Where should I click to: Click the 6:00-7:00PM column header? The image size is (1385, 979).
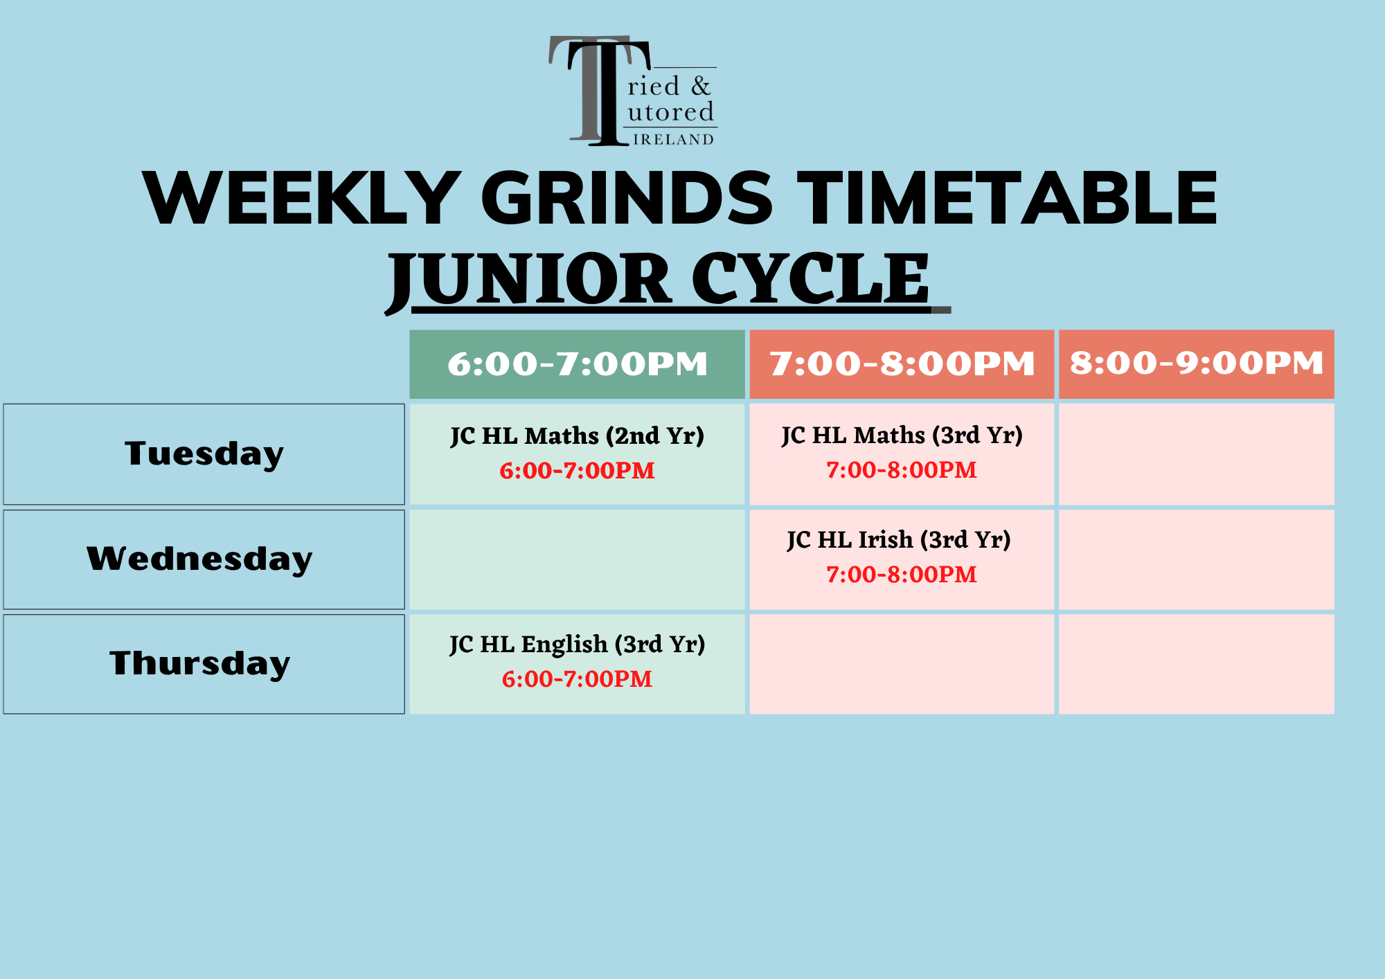pos(577,364)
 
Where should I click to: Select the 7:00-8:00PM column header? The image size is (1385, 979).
pos(902,364)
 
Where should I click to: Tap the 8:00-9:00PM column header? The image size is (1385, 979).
pos(1196,363)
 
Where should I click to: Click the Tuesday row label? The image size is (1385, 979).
pos(204,454)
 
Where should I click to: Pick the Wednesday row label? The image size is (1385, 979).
pos(199,559)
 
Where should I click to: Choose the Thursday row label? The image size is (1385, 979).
pos(199,663)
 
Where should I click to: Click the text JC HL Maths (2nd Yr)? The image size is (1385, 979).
pos(577,435)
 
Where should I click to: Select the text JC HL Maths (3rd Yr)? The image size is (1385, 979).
pos(902,435)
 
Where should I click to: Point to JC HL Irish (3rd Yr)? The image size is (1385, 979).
pos(898,539)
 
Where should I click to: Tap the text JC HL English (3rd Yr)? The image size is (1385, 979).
pos(577,644)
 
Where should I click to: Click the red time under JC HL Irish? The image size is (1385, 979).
pos(901,575)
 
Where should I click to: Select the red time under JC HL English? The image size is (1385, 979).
pos(577,679)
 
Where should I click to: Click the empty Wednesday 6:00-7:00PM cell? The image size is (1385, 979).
pos(577,559)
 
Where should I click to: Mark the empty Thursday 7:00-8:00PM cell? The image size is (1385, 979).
pos(901,664)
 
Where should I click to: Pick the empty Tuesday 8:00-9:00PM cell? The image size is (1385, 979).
pos(1196,454)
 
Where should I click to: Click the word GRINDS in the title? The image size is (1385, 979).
pos(626,199)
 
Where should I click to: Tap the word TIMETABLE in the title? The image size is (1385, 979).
pos(1007,199)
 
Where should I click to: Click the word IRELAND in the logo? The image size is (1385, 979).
pos(673,140)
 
